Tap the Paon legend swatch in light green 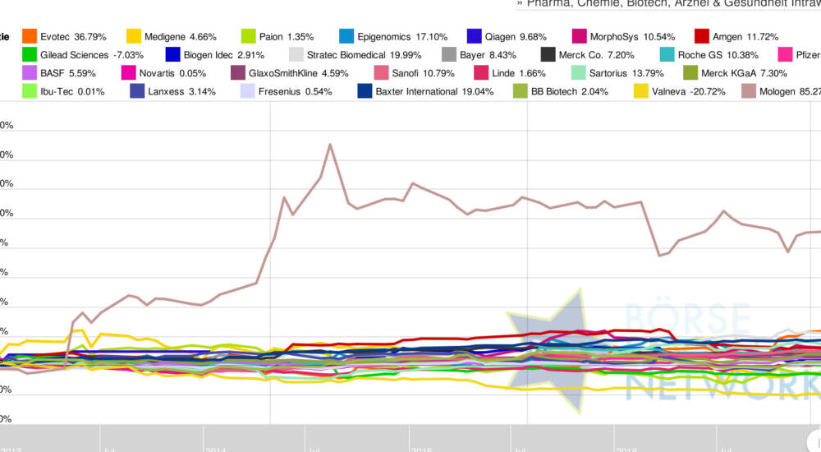click(x=248, y=37)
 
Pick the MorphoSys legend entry click(x=623, y=37)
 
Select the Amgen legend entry click(x=734, y=37)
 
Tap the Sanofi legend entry click(x=420, y=73)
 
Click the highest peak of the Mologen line click(x=330, y=145)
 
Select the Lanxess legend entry click(x=172, y=91)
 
